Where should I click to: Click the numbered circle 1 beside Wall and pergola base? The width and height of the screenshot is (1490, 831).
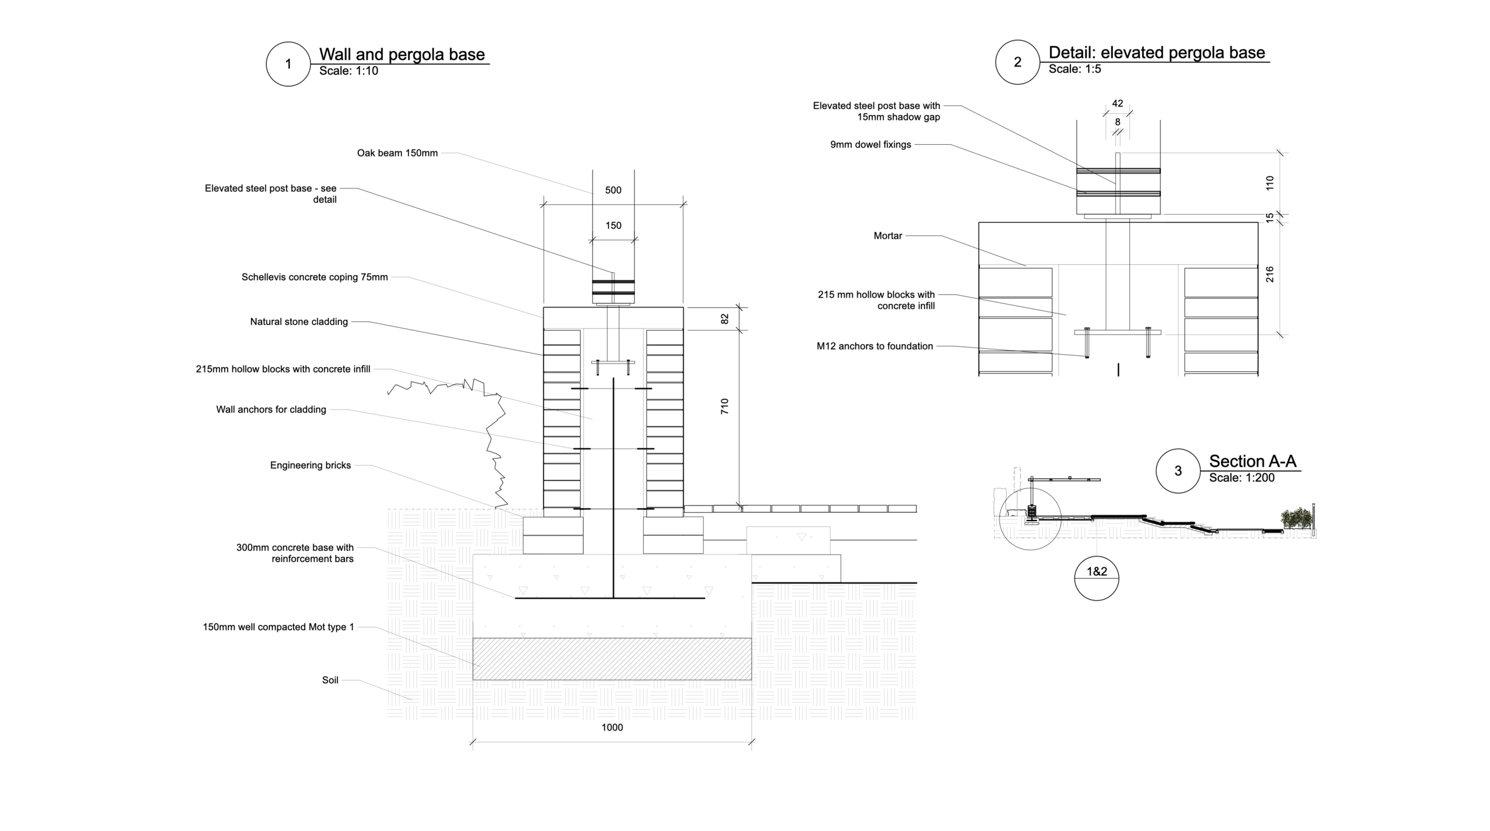[288, 64]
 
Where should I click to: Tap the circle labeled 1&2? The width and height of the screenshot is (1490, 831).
[1097, 578]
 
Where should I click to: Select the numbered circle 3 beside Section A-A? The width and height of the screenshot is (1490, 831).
[1178, 471]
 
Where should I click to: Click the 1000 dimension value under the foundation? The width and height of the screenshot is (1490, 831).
[612, 727]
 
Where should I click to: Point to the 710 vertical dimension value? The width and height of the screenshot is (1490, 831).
[725, 407]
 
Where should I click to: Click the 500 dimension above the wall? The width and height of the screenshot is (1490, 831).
[613, 190]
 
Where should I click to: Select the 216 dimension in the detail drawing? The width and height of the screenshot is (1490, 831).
[1269, 274]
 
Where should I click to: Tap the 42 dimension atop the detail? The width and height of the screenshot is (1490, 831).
[1117, 104]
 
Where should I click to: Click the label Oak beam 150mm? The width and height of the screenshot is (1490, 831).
[397, 153]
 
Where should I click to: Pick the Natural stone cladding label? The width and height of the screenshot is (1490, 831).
[299, 322]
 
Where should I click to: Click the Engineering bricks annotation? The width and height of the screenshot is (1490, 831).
[310, 466]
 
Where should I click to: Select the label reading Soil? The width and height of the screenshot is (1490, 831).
[330, 680]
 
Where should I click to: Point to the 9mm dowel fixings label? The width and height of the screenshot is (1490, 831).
[870, 145]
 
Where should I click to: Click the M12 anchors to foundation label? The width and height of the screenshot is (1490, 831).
[874, 346]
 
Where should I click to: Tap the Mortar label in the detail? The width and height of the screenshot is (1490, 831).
[887, 236]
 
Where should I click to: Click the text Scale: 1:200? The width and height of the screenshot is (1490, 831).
[1241, 477]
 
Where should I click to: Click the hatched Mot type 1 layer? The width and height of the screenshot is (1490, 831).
[612, 659]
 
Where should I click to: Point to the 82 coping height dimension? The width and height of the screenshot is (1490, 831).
[725, 319]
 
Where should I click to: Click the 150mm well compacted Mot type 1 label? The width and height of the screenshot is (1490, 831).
[278, 627]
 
